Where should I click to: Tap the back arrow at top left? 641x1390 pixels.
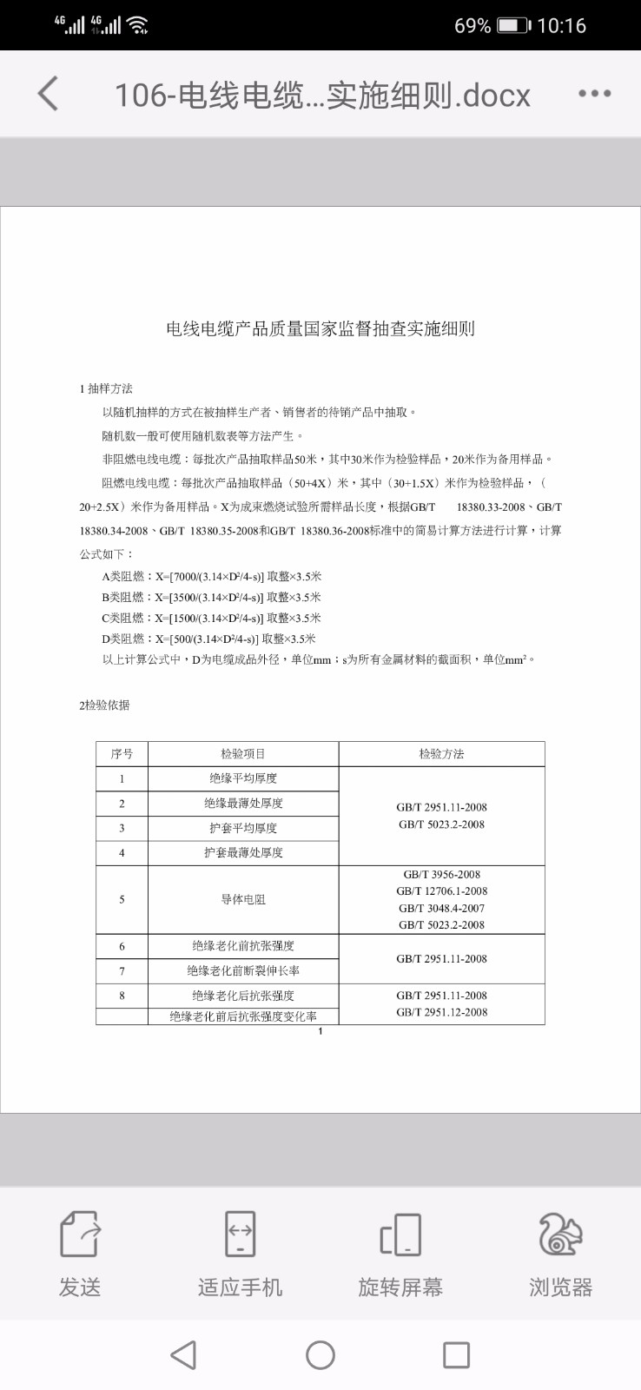click(49, 94)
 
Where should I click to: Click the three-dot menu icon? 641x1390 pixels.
click(595, 94)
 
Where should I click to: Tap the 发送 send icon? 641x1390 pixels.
click(80, 1234)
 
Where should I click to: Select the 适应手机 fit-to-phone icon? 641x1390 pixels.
click(240, 1234)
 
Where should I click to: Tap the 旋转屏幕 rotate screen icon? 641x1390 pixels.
click(400, 1234)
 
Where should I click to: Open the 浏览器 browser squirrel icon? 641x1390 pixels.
click(560, 1234)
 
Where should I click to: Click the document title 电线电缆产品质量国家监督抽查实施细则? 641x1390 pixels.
click(320, 328)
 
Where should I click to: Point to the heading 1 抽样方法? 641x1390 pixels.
click(106, 388)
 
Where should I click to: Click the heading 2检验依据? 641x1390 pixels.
click(104, 705)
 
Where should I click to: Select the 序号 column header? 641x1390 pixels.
click(122, 754)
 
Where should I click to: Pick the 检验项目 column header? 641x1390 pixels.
click(243, 754)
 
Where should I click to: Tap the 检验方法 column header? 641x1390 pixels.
click(441, 754)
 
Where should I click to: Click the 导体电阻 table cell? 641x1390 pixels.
click(243, 899)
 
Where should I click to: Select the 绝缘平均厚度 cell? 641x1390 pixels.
click(243, 778)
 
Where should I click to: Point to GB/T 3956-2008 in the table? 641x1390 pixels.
click(441, 875)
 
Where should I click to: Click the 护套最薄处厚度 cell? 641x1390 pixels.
click(243, 852)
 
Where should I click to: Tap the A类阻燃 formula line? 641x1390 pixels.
click(212, 576)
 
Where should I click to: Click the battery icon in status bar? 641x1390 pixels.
click(512, 25)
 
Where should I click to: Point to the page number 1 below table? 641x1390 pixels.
click(320, 1031)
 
